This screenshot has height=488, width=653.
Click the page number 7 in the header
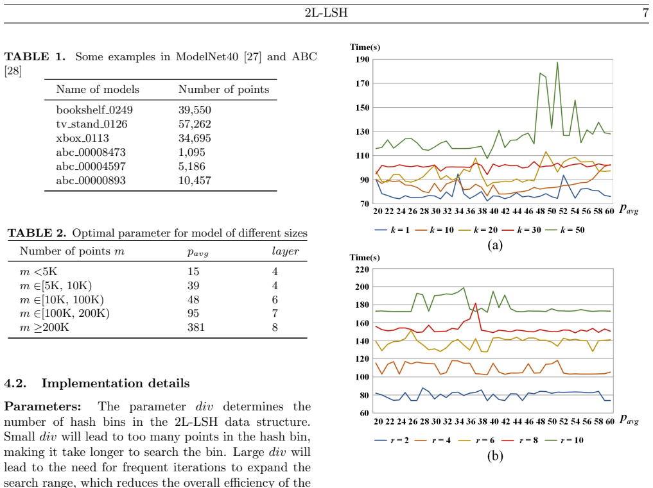[x=645, y=12]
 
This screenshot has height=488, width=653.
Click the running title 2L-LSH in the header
[x=326, y=12]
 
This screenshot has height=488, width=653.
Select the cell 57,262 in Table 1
[x=195, y=124]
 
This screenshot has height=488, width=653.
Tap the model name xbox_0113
[x=82, y=138]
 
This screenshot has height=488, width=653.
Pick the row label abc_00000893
[x=91, y=181]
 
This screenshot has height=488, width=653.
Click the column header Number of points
[x=223, y=89]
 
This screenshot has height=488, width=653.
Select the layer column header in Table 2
[x=285, y=251]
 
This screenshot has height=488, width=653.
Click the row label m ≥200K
[x=44, y=328]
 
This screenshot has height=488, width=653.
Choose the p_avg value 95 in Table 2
[x=193, y=314]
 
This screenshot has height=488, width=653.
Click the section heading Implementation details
[x=116, y=383]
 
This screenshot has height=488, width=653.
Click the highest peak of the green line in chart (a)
[x=557, y=63]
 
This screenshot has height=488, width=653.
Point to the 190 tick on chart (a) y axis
[x=362, y=60]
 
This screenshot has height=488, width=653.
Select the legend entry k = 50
[x=565, y=230]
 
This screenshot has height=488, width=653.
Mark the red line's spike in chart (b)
[x=476, y=303]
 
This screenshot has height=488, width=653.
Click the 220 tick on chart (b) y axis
[x=362, y=269]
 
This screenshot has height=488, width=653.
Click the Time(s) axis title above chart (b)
[x=365, y=258]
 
